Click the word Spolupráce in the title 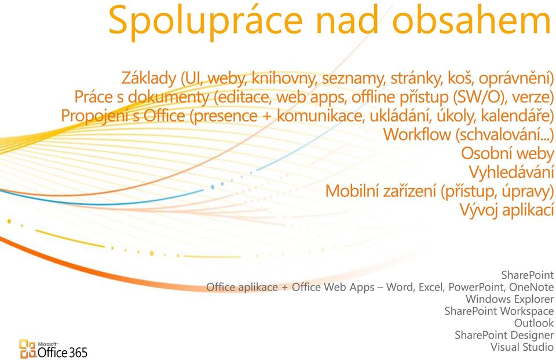[x=205, y=22]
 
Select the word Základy [x=149, y=78]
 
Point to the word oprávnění [x=514, y=78]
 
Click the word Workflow [x=417, y=135]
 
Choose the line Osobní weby [x=507, y=153]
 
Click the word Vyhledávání [x=511, y=172]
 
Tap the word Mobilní [x=351, y=191]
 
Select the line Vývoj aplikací [x=507, y=210]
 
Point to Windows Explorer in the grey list [x=510, y=299]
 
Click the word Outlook [x=534, y=323]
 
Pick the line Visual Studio [x=522, y=347]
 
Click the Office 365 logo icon [x=28, y=349]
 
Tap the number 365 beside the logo [x=78, y=352]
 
